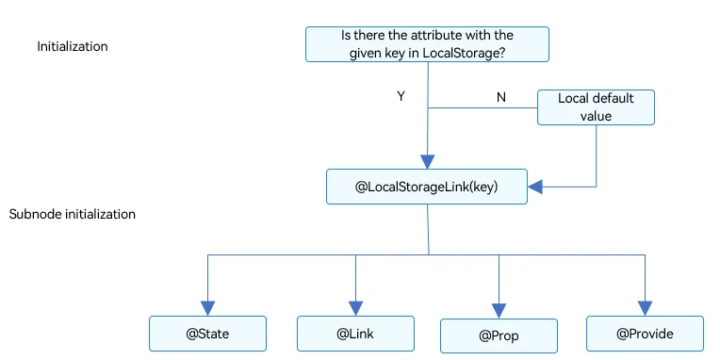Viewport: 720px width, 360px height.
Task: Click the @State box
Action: click(207, 334)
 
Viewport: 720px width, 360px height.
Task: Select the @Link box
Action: click(355, 334)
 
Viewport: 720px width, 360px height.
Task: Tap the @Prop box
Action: click(499, 335)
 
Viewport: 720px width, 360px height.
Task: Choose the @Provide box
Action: click(645, 334)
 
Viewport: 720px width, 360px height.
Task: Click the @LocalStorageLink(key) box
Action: click(427, 187)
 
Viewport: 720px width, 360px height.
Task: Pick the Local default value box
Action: click(596, 107)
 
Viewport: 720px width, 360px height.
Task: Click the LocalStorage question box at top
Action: click(427, 44)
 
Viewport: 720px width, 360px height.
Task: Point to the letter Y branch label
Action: click(401, 96)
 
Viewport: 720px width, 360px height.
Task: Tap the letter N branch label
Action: click(501, 97)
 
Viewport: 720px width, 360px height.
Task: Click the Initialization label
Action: click(72, 46)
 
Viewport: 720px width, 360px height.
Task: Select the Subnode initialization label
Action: click(72, 215)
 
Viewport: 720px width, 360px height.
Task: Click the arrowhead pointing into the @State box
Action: click(207, 308)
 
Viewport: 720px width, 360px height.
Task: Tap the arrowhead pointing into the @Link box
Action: click(355, 308)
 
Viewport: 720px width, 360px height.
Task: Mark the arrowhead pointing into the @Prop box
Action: click(499, 311)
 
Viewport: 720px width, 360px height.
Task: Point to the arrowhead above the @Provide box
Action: click(645, 308)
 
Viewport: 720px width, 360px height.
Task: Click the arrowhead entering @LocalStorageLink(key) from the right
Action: click(535, 187)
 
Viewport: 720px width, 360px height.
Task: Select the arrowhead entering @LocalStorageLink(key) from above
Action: click(427, 162)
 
